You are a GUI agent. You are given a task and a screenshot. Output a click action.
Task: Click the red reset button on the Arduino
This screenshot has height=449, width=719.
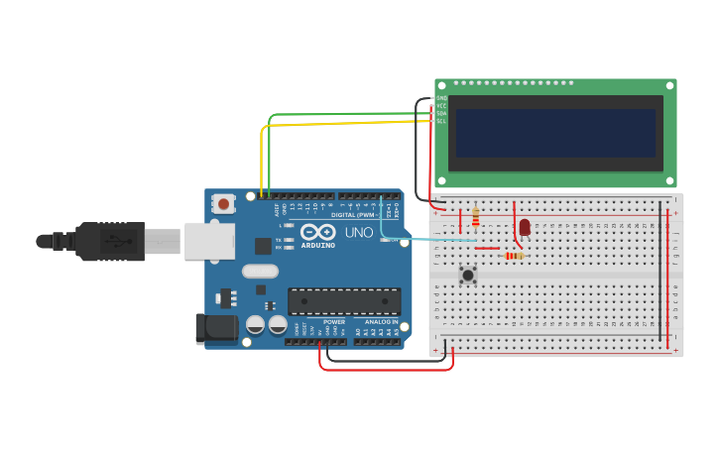pyautogui.click(x=224, y=204)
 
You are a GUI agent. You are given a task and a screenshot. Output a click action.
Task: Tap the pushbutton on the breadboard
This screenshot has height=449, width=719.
pyautogui.click(x=468, y=274)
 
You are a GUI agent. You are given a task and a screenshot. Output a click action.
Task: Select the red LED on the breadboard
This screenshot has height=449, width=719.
pyautogui.click(x=525, y=228)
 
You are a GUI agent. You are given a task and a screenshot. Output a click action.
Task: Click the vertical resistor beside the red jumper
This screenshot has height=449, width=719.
pyautogui.click(x=476, y=217)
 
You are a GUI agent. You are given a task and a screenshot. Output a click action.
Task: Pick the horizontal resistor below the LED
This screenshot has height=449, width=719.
pyautogui.click(x=513, y=256)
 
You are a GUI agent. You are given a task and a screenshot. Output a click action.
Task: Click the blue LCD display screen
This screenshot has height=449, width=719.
pyautogui.click(x=555, y=133)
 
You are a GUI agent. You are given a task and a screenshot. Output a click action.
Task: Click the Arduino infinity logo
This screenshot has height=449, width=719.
pyautogui.click(x=318, y=232)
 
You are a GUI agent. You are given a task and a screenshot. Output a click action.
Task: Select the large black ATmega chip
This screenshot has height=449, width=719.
pyautogui.click(x=344, y=301)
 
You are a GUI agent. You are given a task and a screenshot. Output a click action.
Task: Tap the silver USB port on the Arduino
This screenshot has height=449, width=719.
pyautogui.click(x=208, y=241)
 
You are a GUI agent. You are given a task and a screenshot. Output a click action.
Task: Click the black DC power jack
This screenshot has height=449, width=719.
pyautogui.click(x=216, y=327)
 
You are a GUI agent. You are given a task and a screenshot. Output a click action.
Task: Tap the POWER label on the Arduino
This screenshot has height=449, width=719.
pyautogui.click(x=334, y=321)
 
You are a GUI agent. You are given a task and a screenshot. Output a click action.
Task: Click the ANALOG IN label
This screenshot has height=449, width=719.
pyautogui.click(x=381, y=321)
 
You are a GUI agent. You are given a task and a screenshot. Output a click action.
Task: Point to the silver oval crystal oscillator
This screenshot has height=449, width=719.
pyautogui.click(x=260, y=271)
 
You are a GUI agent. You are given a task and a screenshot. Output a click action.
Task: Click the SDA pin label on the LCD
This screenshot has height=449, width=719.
pyautogui.click(x=441, y=113)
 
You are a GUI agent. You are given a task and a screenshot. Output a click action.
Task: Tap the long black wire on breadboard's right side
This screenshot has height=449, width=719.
pyautogui.click(x=660, y=268)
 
